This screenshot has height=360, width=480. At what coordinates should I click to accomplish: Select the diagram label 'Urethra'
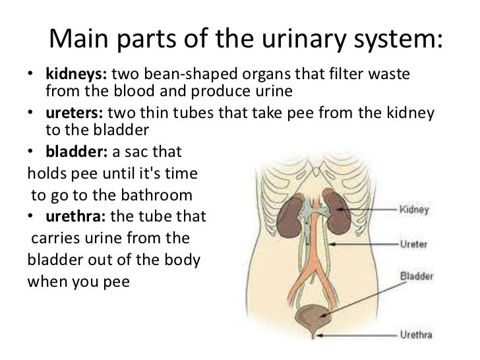pos(417,334)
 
